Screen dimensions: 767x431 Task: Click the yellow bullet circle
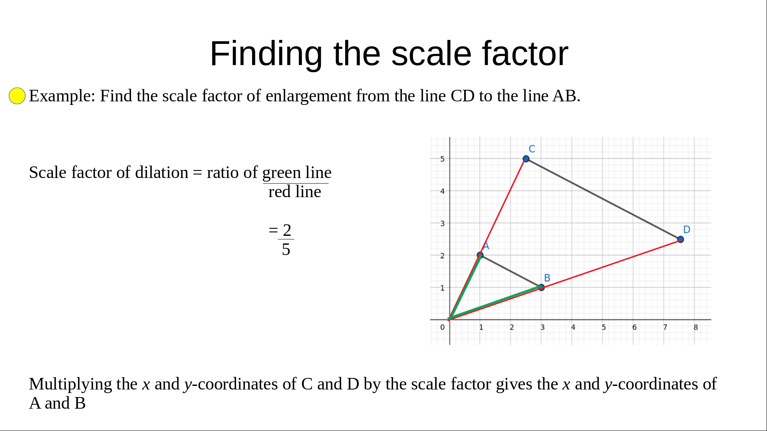point(17,96)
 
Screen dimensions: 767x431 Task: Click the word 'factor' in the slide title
point(525,53)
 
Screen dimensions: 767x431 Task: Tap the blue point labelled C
point(526,159)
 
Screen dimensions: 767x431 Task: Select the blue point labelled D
point(681,239)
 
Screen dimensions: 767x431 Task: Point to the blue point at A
point(480,255)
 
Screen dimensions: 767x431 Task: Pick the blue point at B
point(541,287)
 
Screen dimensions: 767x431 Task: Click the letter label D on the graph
point(687,229)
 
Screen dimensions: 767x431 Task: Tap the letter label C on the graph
point(532,149)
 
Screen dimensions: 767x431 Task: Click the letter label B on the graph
point(547,278)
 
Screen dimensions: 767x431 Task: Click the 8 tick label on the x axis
point(695,327)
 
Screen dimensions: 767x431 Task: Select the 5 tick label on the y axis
point(442,159)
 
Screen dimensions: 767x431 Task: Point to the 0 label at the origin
point(442,327)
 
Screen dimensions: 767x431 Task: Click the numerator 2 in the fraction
point(287,230)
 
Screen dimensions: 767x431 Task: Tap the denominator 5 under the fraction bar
point(286,249)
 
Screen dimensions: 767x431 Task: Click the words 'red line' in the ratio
point(295,192)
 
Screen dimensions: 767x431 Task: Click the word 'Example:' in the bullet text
point(62,96)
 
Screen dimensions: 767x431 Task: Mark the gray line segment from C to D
point(603,199)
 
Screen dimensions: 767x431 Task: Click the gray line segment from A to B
point(511,271)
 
